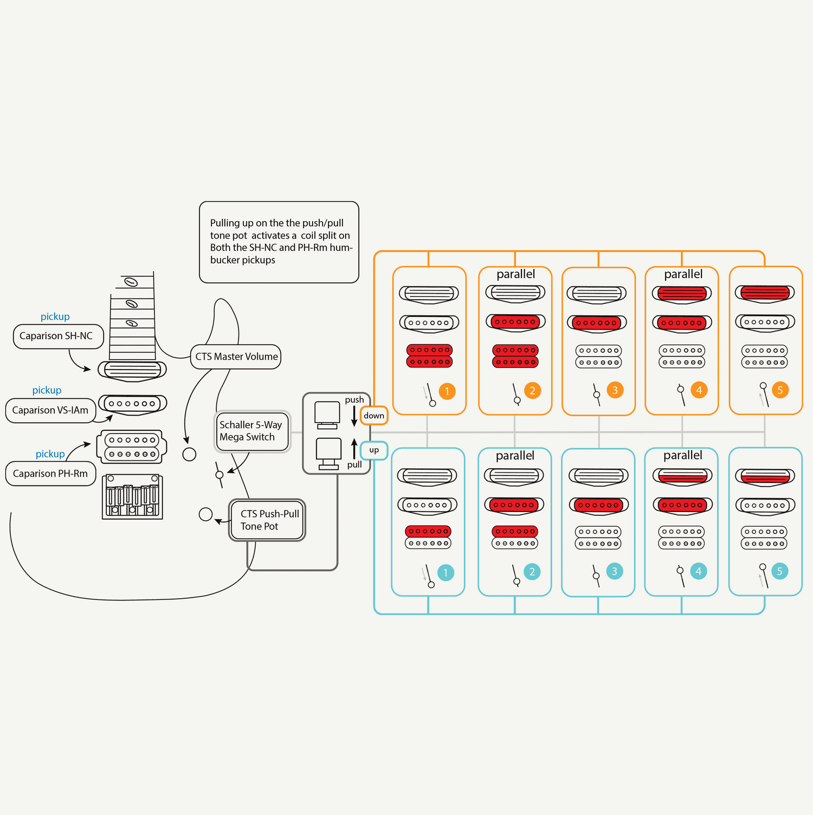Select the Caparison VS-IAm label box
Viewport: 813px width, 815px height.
(x=50, y=410)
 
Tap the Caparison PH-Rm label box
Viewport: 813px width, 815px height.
(x=50, y=474)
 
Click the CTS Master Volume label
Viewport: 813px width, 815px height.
(x=236, y=357)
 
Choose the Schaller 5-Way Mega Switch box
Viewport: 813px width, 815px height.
(x=252, y=431)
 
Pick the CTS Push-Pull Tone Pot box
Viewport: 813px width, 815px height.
(x=267, y=520)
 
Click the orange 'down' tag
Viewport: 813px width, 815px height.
(x=374, y=416)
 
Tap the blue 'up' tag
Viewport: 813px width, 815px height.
(x=374, y=450)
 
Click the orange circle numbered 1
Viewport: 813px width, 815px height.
(x=447, y=391)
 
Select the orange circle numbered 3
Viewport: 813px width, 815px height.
(x=615, y=390)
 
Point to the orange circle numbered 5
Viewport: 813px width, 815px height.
(x=780, y=390)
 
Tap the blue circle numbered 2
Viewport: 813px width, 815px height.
(x=532, y=572)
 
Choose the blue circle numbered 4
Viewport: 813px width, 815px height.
(x=699, y=571)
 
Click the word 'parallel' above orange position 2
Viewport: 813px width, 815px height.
(x=516, y=274)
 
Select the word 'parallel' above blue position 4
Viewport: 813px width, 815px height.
(x=683, y=456)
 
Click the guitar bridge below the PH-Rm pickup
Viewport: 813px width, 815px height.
(x=133, y=497)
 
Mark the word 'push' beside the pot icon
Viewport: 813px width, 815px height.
(x=354, y=400)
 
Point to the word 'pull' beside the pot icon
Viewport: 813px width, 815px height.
(x=354, y=465)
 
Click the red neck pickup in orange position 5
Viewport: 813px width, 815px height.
(x=765, y=293)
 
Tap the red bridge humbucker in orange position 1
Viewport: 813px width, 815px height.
(x=429, y=356)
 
